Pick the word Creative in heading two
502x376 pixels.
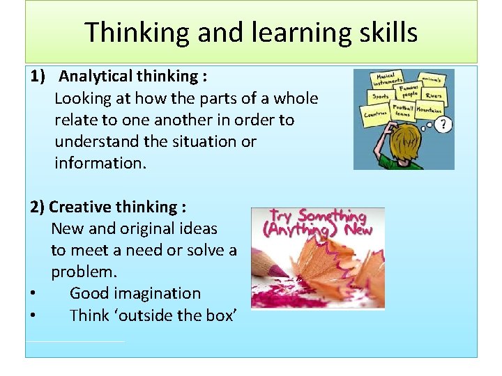(x=78, y=207)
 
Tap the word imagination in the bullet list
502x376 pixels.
(x=158, y=293)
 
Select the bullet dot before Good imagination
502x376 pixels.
(x=33, y=294)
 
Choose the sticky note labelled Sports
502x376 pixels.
(x=381, y=96)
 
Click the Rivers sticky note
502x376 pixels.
(x=432, y=95)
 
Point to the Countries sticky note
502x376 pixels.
(x=376, y=113)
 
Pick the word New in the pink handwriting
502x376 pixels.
(x=358, y=230)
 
